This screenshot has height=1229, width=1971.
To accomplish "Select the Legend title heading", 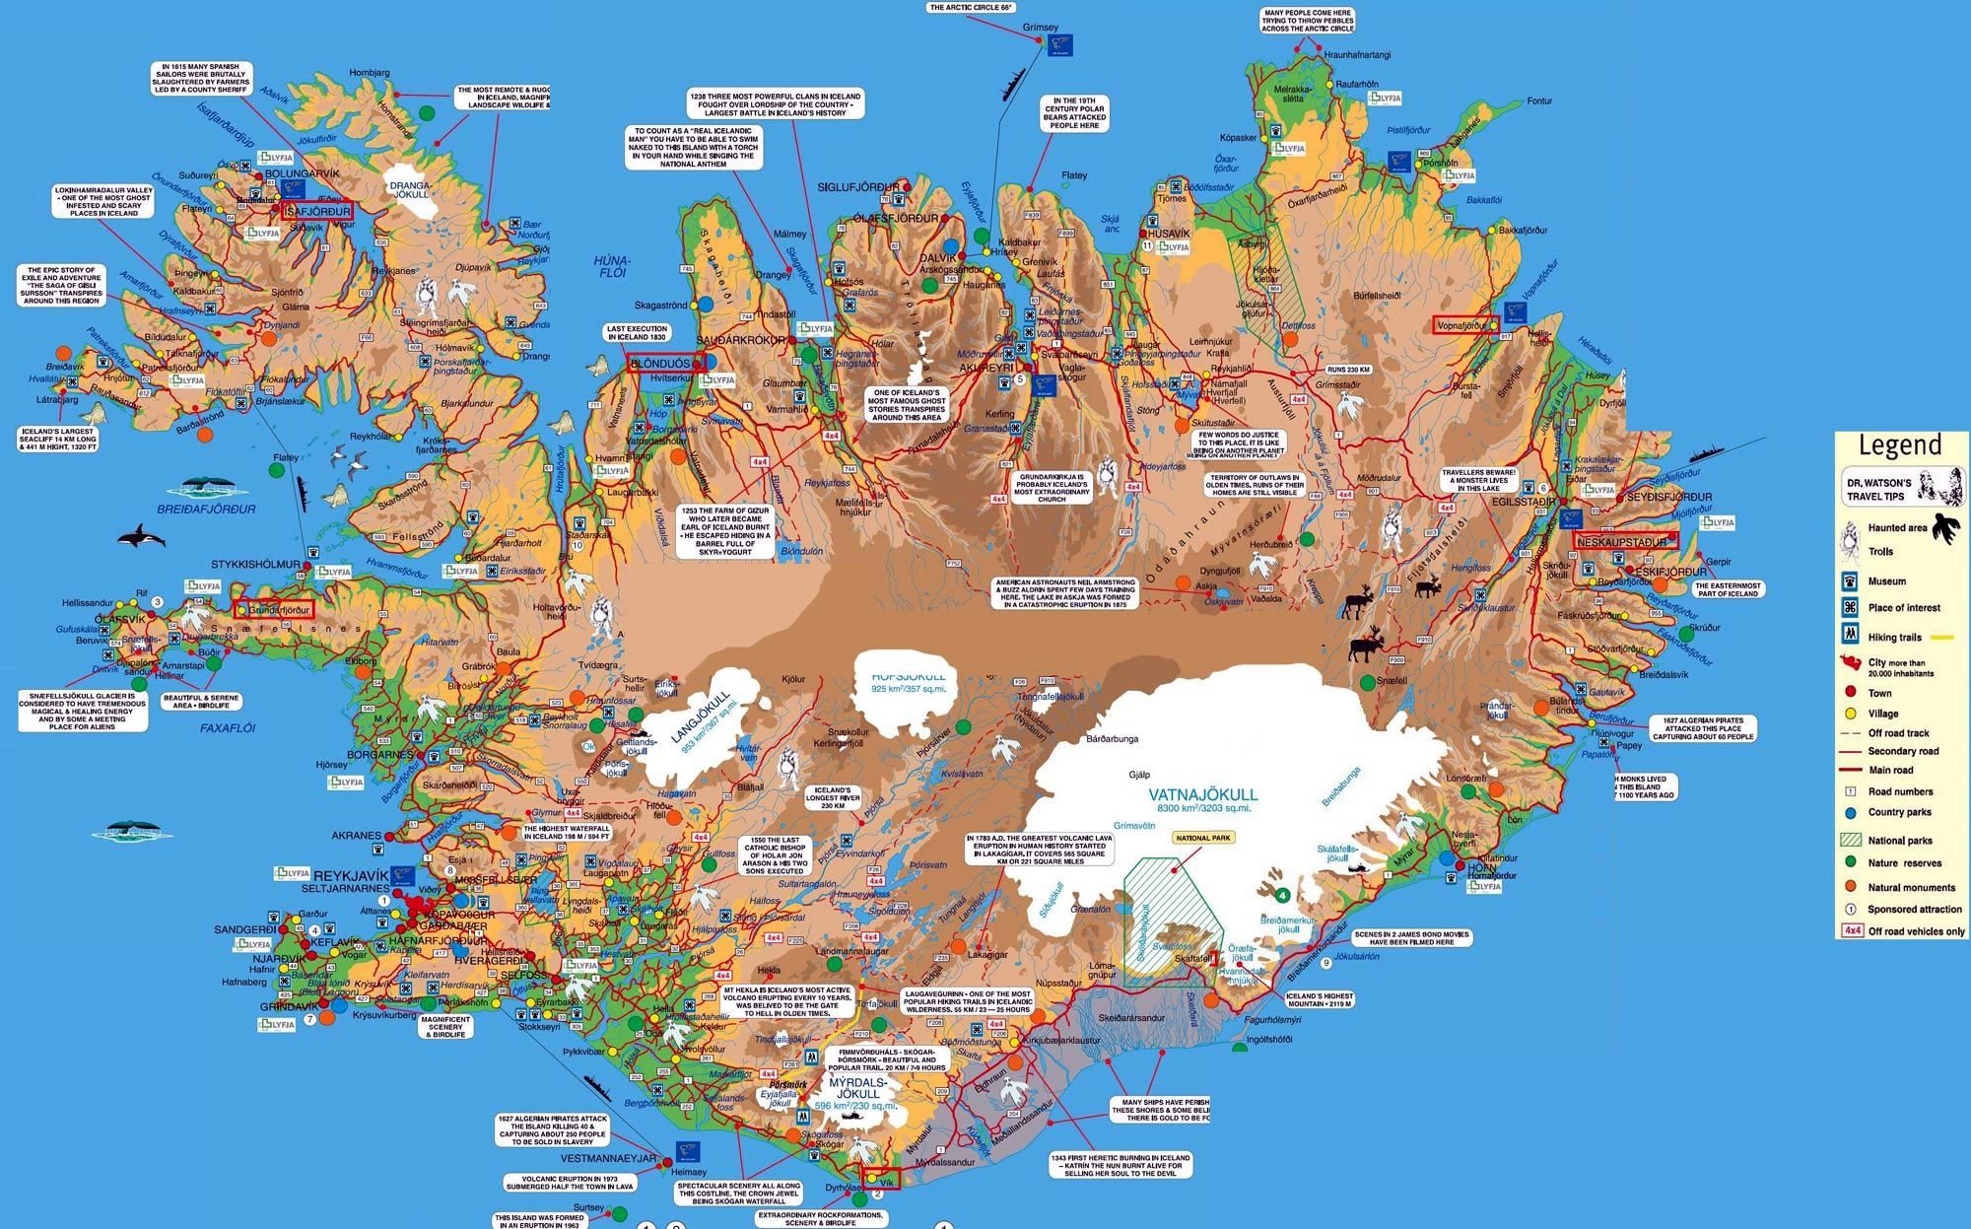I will pyautogui.click(x=1899, y=446).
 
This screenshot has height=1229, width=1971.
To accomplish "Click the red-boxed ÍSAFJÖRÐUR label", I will pyautogui.click(x=317, y=210).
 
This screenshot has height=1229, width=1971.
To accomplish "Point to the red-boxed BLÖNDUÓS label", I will pyautogui.click(x=661, y=364).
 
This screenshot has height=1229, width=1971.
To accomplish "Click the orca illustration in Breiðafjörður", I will pyautogui.click(x=135, y=537).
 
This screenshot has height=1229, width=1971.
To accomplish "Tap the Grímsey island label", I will pyautogui.click(x=1041, y=27).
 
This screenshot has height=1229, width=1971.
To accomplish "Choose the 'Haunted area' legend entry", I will pyautogui.click(x=1896, y=527).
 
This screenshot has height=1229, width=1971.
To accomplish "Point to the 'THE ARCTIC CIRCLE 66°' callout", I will pyautogui.click(x=971, y=7).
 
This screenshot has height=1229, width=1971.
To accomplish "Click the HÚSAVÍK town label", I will pyautogui.click(x=1169, y=234).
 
